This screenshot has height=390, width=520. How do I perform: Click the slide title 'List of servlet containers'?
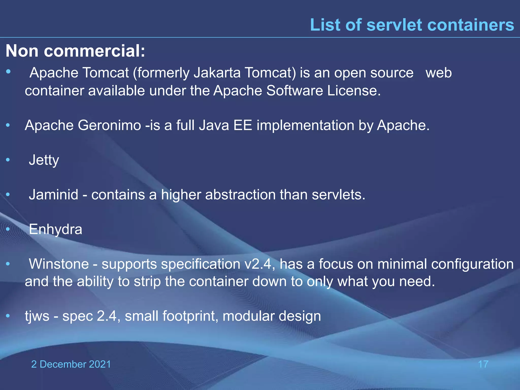pyautogui.click(x=412, y=25)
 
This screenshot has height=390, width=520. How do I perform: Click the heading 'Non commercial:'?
pyautogui.click(x=75, y=51)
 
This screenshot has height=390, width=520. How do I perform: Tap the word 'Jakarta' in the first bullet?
pyautogui.click(x=217, y=73)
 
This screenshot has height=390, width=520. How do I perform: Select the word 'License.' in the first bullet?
pyautogui.click(x=354, y=91)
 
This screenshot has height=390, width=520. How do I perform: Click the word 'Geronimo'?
pyautogui.click(x=109, y=125)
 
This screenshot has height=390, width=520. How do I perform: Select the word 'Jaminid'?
pyautogui.click(x=54, y=195)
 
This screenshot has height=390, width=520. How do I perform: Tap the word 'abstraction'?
pyautogui.click(x=240, y=195)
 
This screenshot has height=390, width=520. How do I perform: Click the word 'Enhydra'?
pyautogui.click(x=55, y=230)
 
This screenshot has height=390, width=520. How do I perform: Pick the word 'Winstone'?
pyautogui.click(x=59, y=264)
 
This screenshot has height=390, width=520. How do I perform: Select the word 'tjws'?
pyautogui.click(x=37, y=316)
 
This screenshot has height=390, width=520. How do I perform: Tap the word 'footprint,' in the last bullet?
pyautogui.click(x=190, y=316)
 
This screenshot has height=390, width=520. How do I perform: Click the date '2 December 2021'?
pyautogui.click(x=71, y=364)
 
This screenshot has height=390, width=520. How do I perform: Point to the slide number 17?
pyautogui.click(x=483, y=364)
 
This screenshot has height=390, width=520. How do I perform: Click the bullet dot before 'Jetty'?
pyautogui.click(x=8, y=160)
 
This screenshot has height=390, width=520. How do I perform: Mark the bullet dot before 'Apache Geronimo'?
pyautogui.click(x=8, y=125)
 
